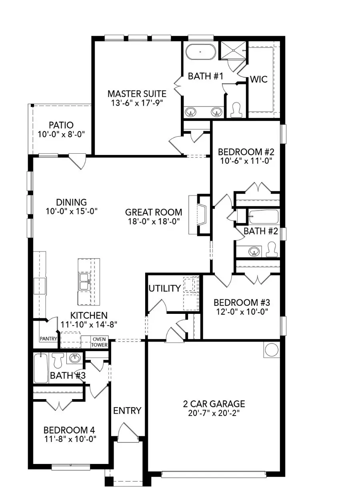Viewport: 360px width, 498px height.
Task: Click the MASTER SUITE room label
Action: coord(137,94)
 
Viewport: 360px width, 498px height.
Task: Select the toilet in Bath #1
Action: coord(236,109)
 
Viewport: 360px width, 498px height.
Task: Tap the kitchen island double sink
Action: coord(85,281)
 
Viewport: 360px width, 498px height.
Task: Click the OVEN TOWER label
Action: coord(99,341)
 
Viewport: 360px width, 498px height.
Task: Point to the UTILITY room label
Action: coord(164,288)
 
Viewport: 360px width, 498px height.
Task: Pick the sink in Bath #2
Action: coord(253,252)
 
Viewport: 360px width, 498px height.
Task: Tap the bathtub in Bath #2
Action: coord(264,218)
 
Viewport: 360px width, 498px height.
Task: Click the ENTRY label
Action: coord(127,410)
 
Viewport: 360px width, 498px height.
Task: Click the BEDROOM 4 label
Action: coord(69,430)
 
